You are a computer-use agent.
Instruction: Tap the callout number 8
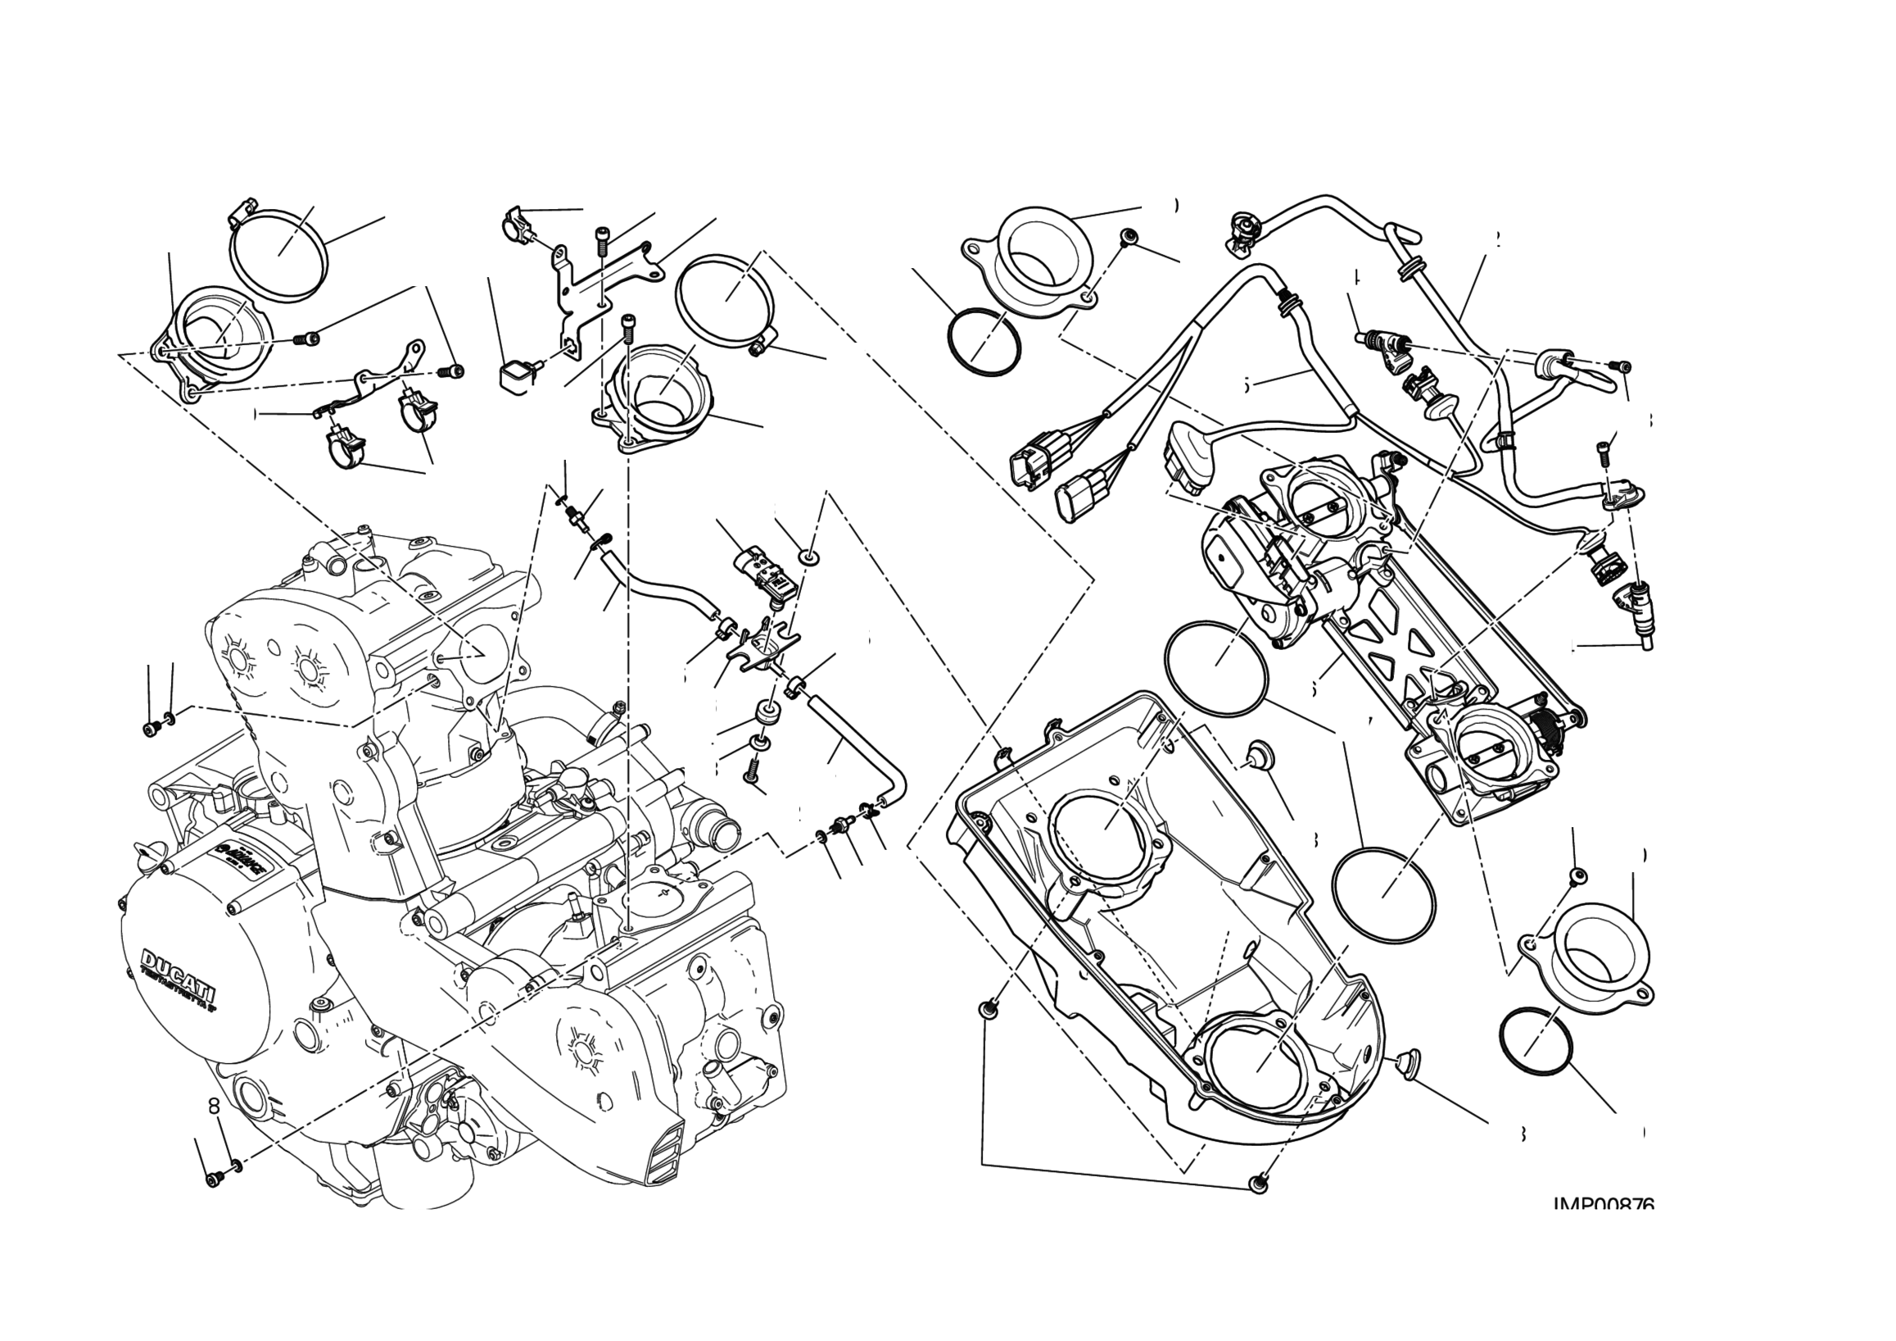click(x=214, y=1106)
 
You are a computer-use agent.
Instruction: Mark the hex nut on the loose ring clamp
click(x=755, y=350)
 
